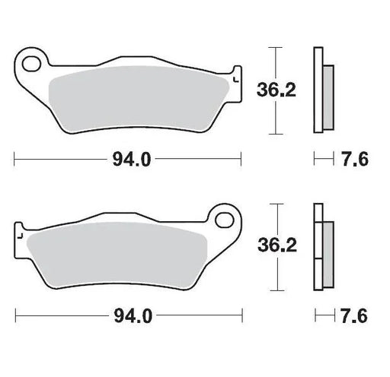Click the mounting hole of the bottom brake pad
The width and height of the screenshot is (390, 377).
point(225,220)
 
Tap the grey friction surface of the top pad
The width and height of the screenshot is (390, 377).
point(137,96)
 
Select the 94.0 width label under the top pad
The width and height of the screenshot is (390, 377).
point(129,159)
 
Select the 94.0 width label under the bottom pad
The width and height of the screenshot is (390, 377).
point(129,315)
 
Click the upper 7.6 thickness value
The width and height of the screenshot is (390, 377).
point(355,159)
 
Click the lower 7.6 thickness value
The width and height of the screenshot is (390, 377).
point(355,315)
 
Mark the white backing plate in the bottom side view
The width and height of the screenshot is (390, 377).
point(318,247)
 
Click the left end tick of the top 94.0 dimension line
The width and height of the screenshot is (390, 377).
point(15,159)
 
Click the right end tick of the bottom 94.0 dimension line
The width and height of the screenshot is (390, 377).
point(241,315)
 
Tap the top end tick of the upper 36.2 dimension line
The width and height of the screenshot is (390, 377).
point(276,47)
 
